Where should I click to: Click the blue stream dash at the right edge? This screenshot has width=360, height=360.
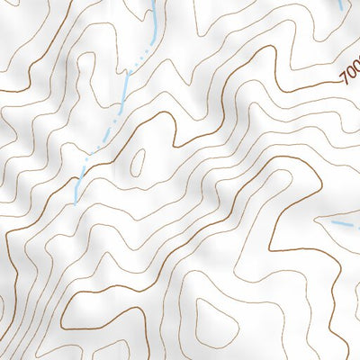click(343, 223)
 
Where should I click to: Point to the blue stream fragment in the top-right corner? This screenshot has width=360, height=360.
click(341, 4)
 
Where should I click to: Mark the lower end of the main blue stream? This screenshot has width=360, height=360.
click(76, 194)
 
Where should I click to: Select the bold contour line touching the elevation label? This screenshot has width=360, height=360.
click(306, 85)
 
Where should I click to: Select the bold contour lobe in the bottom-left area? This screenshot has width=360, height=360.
click(99, 306)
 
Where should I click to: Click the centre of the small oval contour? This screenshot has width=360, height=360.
click(137, 162)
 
